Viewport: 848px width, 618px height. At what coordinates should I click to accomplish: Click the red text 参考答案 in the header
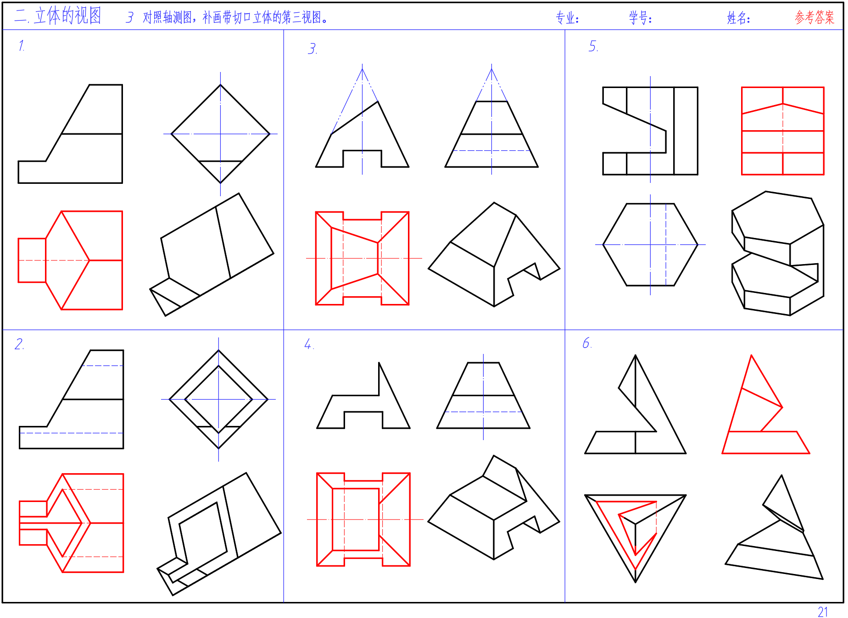click(x=815, y=17)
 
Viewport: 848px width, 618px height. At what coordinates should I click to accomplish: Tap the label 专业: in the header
click(x=567, y=18)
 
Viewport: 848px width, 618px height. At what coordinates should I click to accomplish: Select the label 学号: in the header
click(x=641, y=18)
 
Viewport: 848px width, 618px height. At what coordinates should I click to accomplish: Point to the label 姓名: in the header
click(x=739, y=18)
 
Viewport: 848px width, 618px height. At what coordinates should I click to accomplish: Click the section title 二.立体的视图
click(x=58, y=16)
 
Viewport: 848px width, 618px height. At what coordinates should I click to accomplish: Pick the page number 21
click(x=823, y=612)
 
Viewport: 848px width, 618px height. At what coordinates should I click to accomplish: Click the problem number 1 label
click(x=21, y=45)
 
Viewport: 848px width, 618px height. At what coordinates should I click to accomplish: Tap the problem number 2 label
click(x=19, y=344)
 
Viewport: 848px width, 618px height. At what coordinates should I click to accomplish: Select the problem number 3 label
click(x=312, y=49)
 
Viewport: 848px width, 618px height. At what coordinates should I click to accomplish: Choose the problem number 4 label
click(x=309, y=344)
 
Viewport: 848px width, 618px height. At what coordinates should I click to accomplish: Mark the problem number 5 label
click(x=593, y=46)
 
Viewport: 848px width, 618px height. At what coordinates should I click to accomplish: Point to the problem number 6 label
click(x=587, y=343)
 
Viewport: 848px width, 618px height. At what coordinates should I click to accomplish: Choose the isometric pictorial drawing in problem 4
click(x=494, y=508)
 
